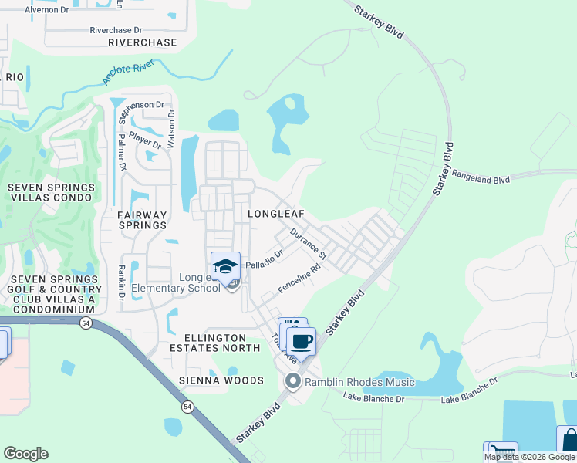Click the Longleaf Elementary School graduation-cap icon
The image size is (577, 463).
tap(225, 267)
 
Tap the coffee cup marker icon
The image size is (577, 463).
tap(301, 341)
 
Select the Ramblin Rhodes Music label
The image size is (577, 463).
tap(359, 382)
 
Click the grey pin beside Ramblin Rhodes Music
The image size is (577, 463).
tap(292, 381)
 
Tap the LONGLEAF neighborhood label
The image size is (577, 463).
tap(275, 213)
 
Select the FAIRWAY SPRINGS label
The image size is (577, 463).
tap(143, 220)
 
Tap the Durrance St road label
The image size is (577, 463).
tap(309, 243)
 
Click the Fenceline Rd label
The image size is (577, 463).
tap(299, 281)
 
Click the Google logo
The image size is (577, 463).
tap(25, 453)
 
